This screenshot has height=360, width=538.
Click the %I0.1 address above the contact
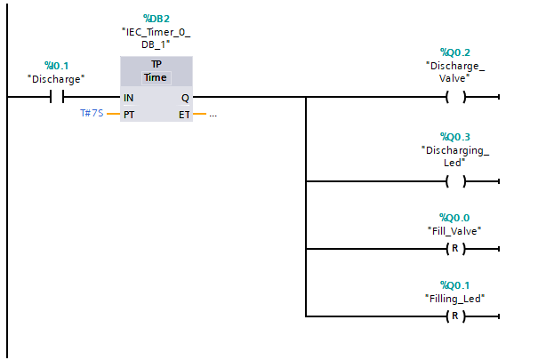tap(56, 66)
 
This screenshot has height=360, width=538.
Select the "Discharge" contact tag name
tap(56, 78)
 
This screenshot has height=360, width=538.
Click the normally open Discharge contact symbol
tap(56, 97)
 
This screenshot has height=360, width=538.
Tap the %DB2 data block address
tap(156, 18)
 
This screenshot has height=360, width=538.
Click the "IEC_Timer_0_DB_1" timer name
tap(156, 37)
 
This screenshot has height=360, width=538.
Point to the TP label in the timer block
tap(156, 65)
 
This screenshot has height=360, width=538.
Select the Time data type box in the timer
tap(156, 77)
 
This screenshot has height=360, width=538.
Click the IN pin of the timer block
tap(130, 97)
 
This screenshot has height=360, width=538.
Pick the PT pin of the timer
tap(130, 115)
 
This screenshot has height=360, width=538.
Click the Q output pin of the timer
tap(184, 97)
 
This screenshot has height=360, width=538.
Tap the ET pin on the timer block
tap(184, 115)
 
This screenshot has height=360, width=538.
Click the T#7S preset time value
tap(92, 115)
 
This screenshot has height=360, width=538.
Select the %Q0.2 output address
tap(455, 52)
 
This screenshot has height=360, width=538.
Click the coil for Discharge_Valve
tap(455, 97)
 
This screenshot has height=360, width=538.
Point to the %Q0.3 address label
tap(455, 137)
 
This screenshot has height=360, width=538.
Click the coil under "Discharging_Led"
tap(455, 181)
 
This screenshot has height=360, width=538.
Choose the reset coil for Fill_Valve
tap(455, 249)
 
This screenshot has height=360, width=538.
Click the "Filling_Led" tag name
tap(455, 298)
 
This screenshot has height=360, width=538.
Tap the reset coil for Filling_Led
tap(455, 316)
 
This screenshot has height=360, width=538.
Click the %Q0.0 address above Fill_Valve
tap(455, 218)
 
